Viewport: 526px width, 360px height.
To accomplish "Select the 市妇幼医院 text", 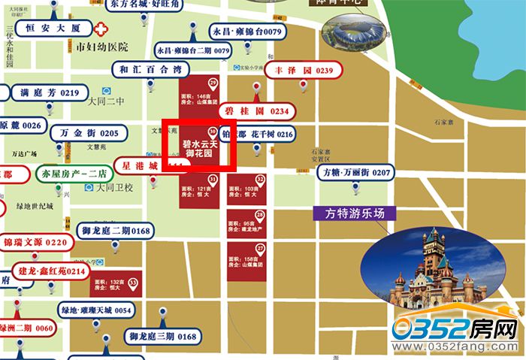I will coord(103,47).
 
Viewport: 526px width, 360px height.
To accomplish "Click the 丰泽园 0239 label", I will coord(304,71).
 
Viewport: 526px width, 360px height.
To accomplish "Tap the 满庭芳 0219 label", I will coord(50,93).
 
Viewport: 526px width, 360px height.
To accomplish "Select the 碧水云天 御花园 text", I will coord(199,147).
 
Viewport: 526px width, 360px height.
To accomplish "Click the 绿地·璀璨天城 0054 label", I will coord(97,310).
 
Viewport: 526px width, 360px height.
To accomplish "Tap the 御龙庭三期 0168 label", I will coord(162,336).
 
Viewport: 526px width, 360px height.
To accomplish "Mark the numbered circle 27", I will coord(260,248).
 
